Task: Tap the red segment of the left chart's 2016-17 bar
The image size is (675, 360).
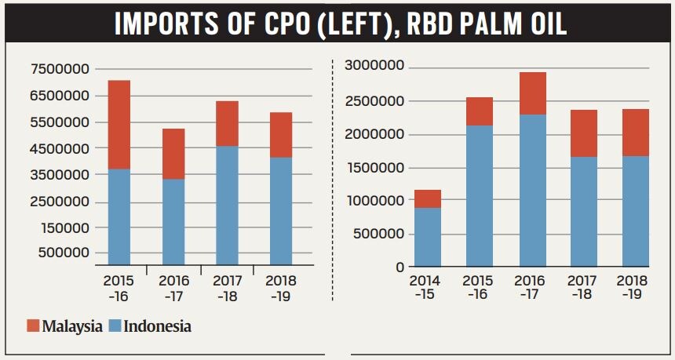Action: (173, 154)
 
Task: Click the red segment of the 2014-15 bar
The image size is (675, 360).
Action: (428, 198)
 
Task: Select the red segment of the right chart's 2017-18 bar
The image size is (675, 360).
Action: (584, 133)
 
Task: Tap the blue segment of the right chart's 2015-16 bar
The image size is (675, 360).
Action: (480, 196)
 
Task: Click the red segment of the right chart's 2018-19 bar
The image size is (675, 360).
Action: (636, 133)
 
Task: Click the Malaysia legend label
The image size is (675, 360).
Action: (72, 326)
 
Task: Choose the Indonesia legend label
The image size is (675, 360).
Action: (157, 326)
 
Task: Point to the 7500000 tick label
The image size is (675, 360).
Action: (60, 69)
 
